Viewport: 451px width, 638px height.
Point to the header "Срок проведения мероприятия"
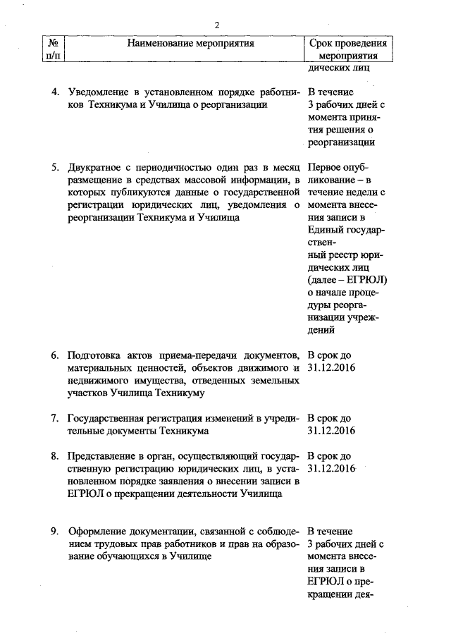click(x=347, y=49)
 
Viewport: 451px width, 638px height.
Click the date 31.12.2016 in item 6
click(x=331, y=367)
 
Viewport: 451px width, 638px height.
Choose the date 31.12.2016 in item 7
click(x=331, y=431)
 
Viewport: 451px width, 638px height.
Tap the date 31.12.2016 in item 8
click(x=331, y=469)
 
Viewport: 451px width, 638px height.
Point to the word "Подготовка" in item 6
click(x=94, y=354)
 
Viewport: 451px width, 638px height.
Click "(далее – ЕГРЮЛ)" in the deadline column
click(x=348, y=280)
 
